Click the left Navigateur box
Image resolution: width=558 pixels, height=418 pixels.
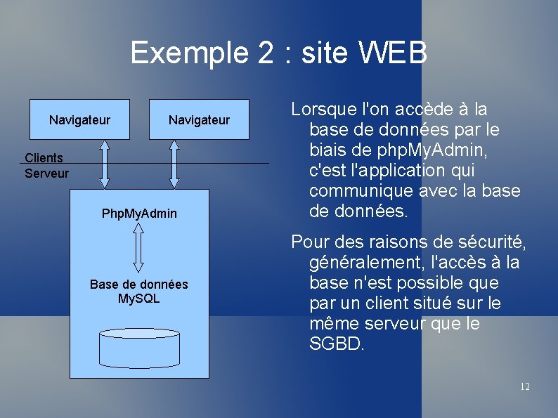click(79, 120)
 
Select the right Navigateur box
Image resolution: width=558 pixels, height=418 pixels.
click(199, 120)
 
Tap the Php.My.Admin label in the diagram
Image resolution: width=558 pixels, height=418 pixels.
click(139, 213)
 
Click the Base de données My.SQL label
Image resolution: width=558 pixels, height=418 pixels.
click(139, 292)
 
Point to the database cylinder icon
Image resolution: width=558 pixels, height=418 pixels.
click(139, 347)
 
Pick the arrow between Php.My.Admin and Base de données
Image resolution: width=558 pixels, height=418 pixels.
click(138, 247)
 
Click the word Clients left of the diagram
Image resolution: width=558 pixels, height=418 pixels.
click(44, 158)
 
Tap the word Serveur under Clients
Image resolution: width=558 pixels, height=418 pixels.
click(46, 173)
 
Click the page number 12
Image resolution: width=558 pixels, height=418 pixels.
click(524, 386)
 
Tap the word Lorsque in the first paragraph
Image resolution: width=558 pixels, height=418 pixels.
click(322, 110)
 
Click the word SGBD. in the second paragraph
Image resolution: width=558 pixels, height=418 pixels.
click(337, 344)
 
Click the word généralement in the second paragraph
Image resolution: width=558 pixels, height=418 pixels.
click(364, 263)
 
